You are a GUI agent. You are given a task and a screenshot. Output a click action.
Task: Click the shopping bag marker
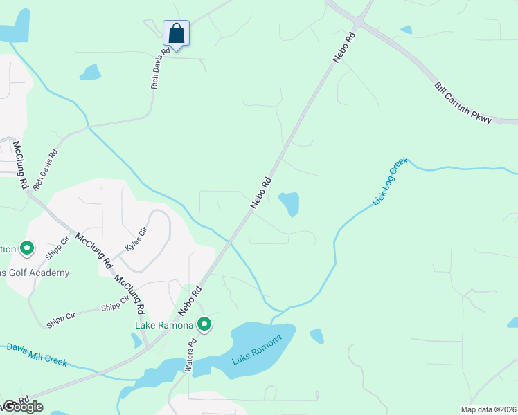pyautogui.click(x=176, y=33)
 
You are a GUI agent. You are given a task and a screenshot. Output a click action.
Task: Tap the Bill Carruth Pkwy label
pyautogui.click(x=463, y=104)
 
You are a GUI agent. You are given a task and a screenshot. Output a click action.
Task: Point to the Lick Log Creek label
pyautogui.click(x=390, y=181)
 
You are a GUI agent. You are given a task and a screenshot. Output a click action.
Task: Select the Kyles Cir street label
pyautogui.click(x=136, y=239)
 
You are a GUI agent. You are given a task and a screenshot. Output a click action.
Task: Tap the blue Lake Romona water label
pyautogui.click(x=257, y=350)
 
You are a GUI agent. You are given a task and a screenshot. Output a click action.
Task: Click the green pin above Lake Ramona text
pyautogui.click(x=204, y=324)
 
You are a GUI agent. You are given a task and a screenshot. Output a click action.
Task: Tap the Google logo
pyautogui.click(x=22, y=407)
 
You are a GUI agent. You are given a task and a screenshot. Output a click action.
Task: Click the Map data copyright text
pyautogui.click(x=488, y=409)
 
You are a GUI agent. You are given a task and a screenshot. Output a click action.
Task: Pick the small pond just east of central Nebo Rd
pyautogui.click(x=289, y=203)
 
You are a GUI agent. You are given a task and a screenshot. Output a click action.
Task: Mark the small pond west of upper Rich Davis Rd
pyautogui.click(x=90, y=72)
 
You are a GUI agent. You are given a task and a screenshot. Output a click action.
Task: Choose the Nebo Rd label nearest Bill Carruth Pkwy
pyautogui.click(x=344, y=47)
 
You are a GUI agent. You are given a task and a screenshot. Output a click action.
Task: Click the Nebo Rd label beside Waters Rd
pyautogui.click(x=191, y=299)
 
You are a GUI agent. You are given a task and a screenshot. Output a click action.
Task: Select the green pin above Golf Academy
pyautogui.click(x=27, y=247)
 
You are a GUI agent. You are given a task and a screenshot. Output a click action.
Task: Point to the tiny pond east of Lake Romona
pyautogui.click(x=316, y=336)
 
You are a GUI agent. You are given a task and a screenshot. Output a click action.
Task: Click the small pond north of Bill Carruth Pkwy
pyautogui.click(x=406, y=30)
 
